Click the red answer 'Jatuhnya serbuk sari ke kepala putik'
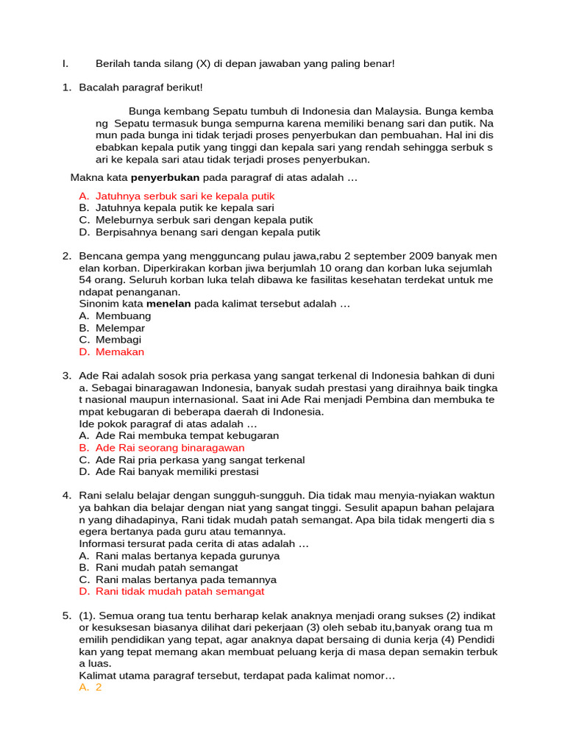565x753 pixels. coord(185,196)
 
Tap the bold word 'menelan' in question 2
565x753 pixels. coord(168,304)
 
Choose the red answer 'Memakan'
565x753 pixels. coord(120,352)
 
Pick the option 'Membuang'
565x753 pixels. coord(123,316)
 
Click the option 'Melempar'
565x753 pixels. coord(120,328)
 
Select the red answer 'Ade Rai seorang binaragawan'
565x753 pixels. coord(170,448)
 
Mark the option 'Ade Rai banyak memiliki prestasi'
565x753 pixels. coord(184,472)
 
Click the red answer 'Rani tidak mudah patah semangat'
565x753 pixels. coord(180,591)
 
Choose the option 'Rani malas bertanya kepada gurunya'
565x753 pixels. coord(188,556)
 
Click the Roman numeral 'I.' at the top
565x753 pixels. coord(65,64)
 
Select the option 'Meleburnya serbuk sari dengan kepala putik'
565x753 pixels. coord(204,220)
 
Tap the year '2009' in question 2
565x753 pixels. coord(413,256)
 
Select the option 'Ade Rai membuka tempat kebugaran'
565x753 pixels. coord(187,435)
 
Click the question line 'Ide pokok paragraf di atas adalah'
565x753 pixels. coord(168,424)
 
